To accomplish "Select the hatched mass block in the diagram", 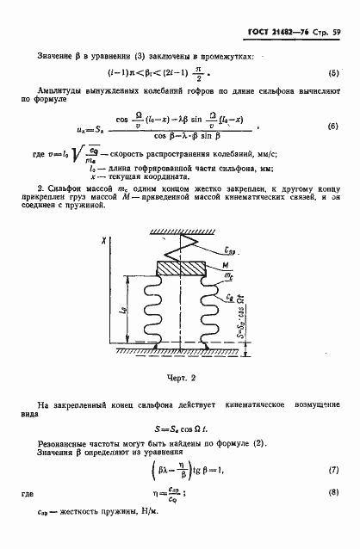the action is click(x=180, y=265).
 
